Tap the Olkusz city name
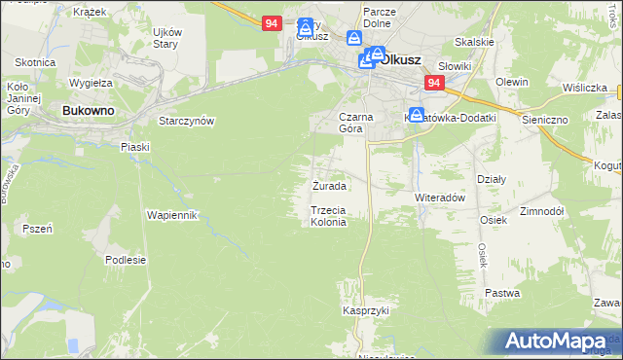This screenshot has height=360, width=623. click(x=400, y=58)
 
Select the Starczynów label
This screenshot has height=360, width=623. click(x=186, y=121)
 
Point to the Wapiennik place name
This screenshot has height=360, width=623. click(x=172, y=214)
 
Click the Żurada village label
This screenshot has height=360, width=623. click(x=329, y=185)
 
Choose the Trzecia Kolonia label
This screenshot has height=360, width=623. click(x=328, y=216)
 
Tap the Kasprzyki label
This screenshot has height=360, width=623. click(x=365, y=310)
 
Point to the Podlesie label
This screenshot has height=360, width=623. click(x=126, y=260)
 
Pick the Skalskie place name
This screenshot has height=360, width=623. click(x=474, y=43)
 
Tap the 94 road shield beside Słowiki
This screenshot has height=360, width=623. click(x=434, y=85)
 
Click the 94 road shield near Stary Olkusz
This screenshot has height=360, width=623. click(x=273, y=22)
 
